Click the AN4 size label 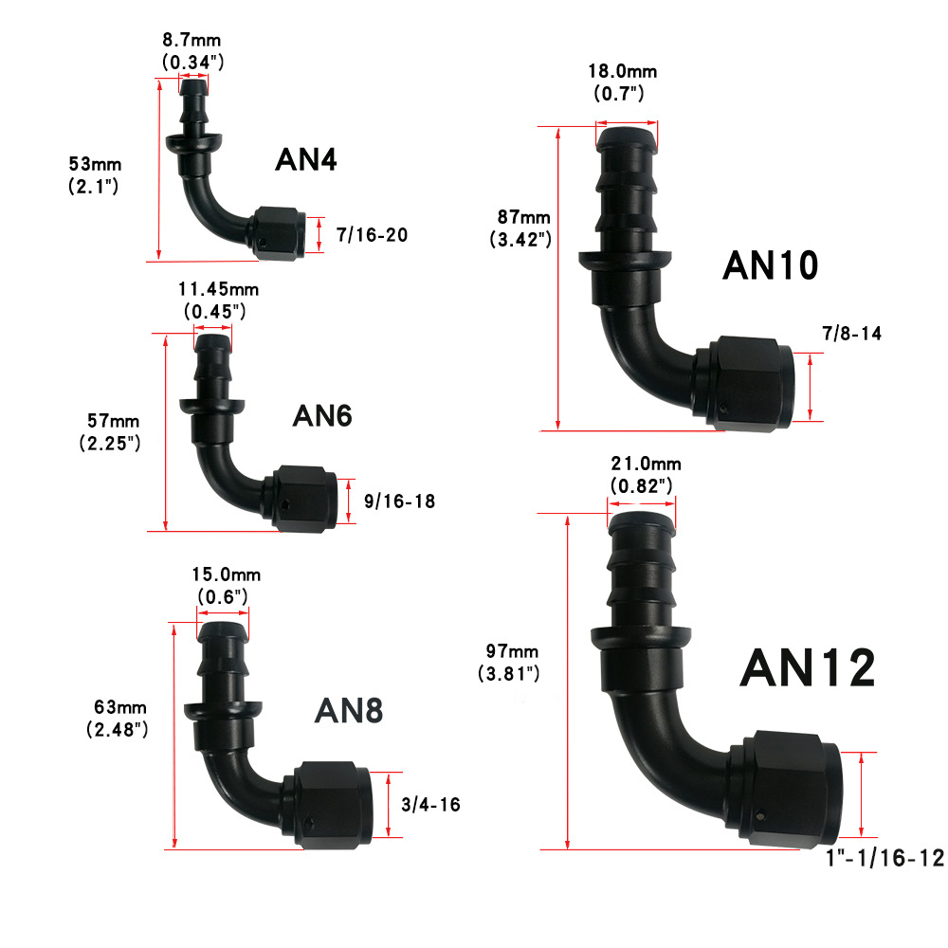point(306,159)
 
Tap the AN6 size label point(322,416)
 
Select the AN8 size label point(349,710)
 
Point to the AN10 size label point(770,265)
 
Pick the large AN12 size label point(808,668)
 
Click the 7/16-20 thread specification point(372,234)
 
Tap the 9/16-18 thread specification point(399,501)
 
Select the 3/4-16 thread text point(430,805)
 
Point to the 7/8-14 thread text point(851,333)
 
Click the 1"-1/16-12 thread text point(884,858)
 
